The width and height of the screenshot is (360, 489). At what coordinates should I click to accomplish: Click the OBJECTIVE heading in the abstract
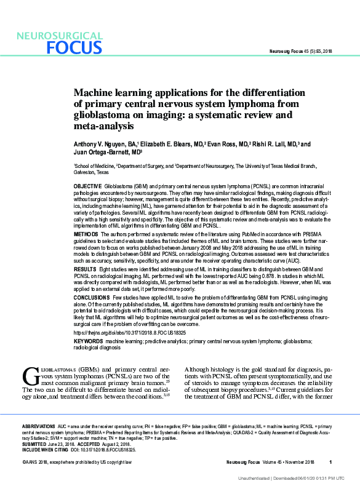(87, 185)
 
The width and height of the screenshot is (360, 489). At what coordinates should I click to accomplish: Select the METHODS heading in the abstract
(86, 234)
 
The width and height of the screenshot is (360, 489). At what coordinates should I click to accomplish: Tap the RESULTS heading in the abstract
(84, 269)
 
